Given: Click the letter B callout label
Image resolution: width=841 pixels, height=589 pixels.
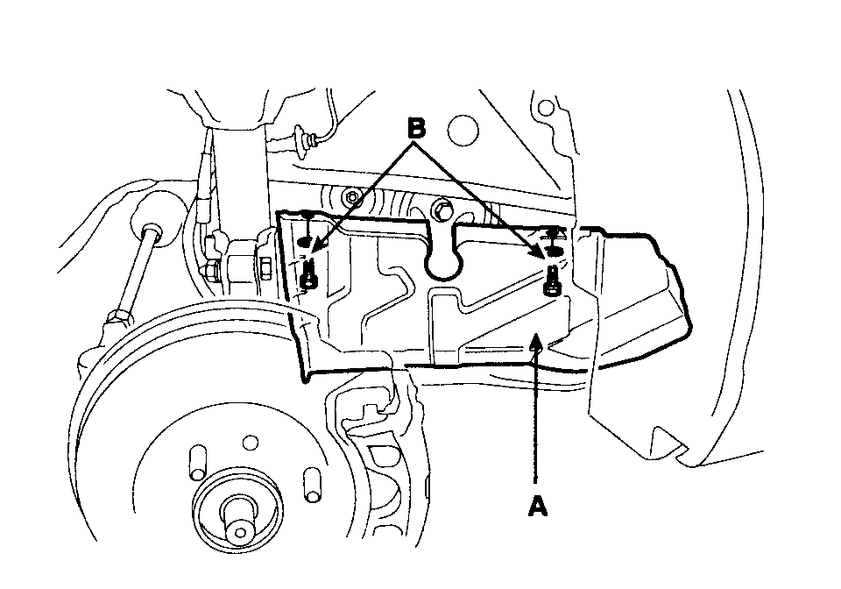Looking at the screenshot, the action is pos(416,129).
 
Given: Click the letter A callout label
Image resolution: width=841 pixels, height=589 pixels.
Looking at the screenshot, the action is pos(538,506).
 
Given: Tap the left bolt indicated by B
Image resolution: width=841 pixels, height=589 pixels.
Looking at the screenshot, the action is pos(307,275).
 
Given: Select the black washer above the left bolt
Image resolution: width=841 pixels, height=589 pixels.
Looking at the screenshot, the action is pos(304,241).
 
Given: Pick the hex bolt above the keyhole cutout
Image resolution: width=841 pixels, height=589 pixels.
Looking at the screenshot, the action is pos(443,209).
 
